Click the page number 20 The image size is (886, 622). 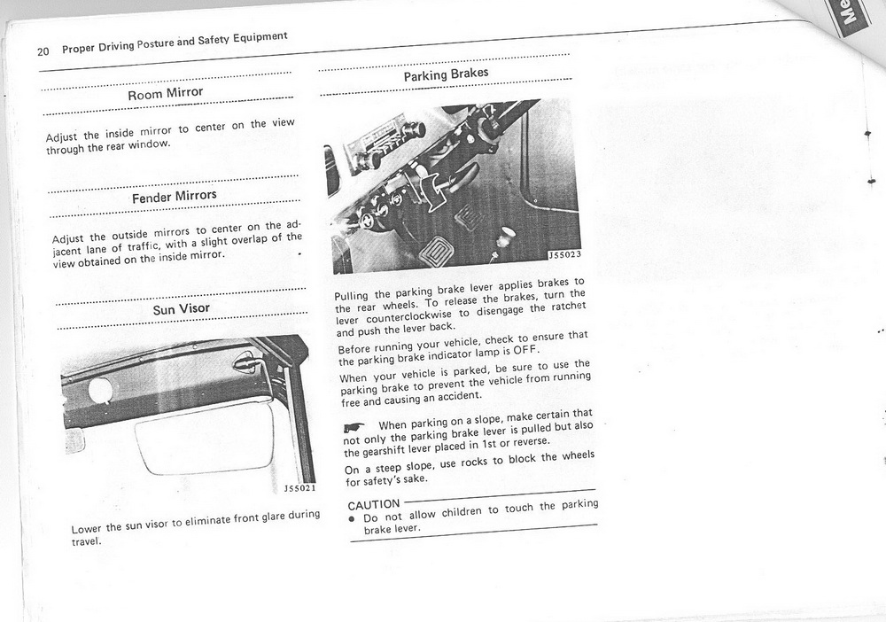[x=43, y=51]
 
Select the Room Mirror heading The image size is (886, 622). [x=166, y=92]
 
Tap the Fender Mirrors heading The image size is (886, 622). [x=174, y=196]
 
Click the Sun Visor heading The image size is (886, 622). [x=182, y=309]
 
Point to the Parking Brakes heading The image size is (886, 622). [x=446, y=74]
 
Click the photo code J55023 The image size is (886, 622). [x=563, y=255]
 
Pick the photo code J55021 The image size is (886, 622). [x=299, y=487]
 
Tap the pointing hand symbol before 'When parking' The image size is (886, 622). [x=354, y=428]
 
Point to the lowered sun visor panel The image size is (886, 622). [x=204, y=439]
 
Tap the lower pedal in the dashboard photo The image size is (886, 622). [x=436, y=252]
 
